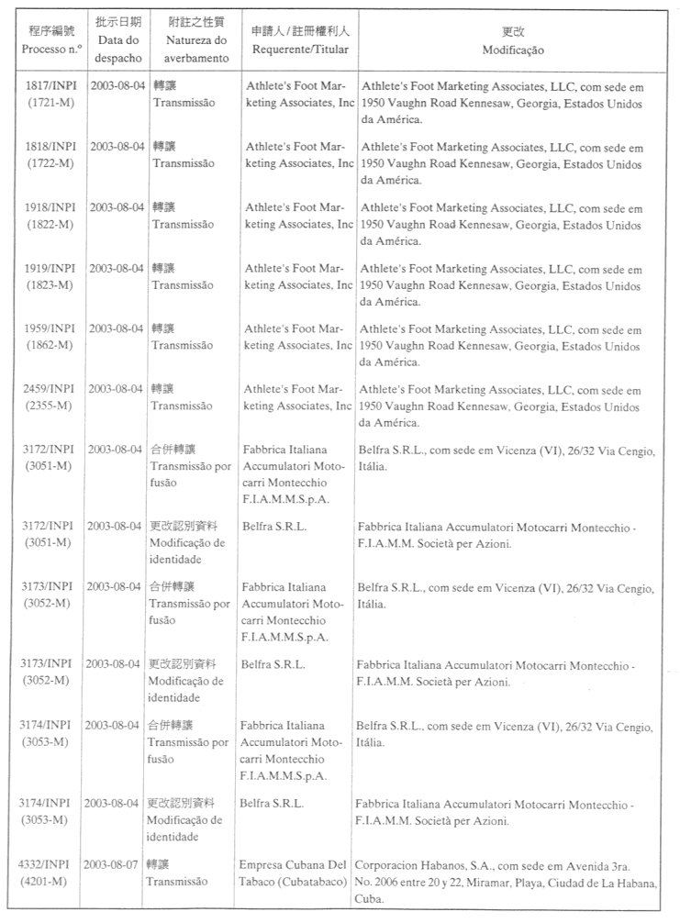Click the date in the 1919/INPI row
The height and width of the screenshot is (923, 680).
pos(117,268)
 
